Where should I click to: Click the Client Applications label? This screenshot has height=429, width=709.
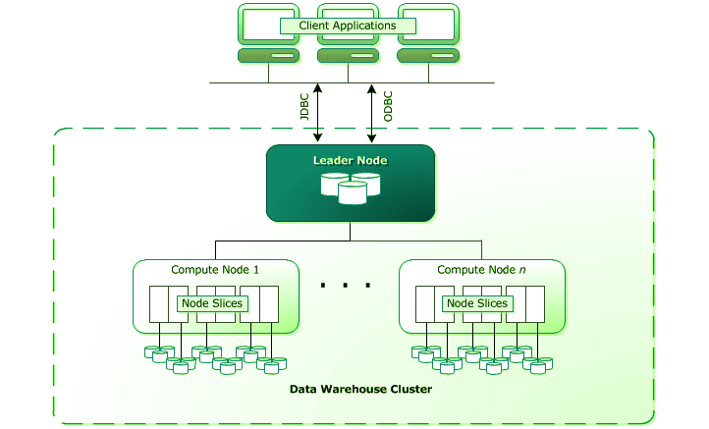(x=340, y=26)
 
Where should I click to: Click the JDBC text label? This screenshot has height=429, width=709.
(x=304, y=106)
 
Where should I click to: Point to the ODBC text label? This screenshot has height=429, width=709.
(x=388, y=106)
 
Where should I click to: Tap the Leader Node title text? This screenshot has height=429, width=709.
(x=351, y=160)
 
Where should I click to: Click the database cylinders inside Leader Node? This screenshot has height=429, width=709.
(x=351, y=187)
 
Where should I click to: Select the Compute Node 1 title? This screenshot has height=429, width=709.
(x=215, y=270)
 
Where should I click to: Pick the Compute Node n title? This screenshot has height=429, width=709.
(x=481, y=270)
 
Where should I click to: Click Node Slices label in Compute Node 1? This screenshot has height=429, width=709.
(x=211, y=303)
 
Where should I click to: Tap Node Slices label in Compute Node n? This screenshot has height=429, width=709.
(x=477, y=303)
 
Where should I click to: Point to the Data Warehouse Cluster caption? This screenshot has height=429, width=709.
(x=360, y=390)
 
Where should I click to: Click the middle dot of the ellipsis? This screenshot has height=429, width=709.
(x=347, y=286)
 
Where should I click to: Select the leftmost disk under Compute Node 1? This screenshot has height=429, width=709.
(x=153, y=351)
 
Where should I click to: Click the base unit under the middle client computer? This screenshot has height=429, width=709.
(x=340, y=56)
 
